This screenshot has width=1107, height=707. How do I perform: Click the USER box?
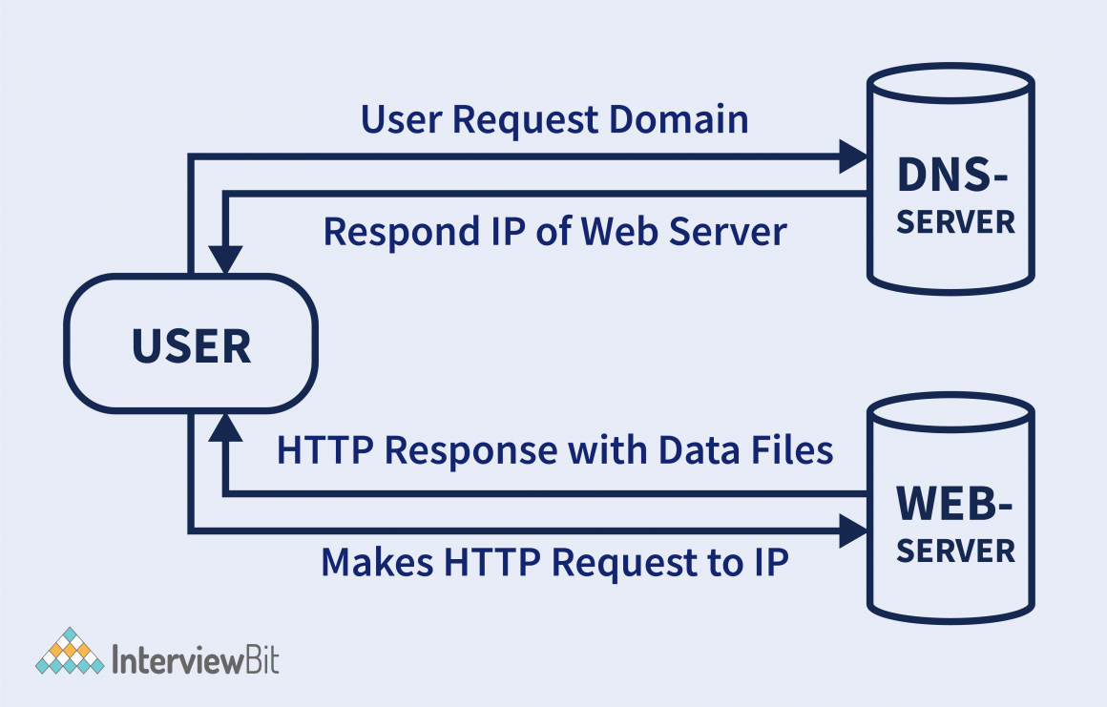pyautogui.click(x=191, y=344)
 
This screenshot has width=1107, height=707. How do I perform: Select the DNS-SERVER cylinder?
pyautogui.click(x=950, y=181)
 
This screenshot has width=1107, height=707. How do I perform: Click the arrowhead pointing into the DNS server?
pyautogui.click(x=852, y=156)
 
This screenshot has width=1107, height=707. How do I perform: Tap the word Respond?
pyautogui.click(x=400, y=233)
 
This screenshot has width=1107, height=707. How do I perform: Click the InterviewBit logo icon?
pyautogui.click(x=70, y=652)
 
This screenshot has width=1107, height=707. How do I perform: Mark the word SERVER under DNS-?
pyautogui.click(x=955, y=222)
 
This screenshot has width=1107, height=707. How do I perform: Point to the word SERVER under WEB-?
pyautogui.click(x=955, y=551)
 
